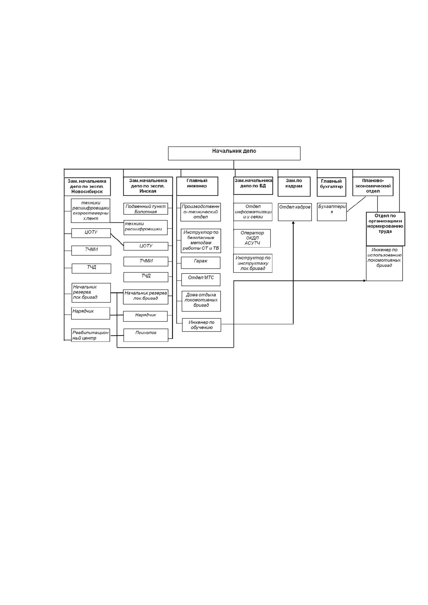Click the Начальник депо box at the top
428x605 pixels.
[234, 153]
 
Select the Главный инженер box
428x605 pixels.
[197, 186]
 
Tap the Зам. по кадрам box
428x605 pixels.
[294, 186]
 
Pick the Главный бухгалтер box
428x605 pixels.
[331, 186]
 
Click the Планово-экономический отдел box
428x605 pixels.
[373, 186]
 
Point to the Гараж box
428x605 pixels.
[201, 263]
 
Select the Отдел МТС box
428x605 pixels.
[201, 280]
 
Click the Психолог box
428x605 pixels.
[146, 335]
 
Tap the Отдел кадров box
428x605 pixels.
[295, 212]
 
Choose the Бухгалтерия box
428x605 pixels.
[332, 212]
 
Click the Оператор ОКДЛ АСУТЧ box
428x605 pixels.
[252, 238]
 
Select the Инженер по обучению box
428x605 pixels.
[202, 325]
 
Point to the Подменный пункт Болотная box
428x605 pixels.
[146, 209]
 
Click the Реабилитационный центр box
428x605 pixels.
[91, 335]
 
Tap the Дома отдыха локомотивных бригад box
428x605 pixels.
[201, 301]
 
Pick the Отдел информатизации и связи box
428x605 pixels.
[253, 212]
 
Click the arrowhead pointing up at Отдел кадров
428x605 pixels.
[294, 222]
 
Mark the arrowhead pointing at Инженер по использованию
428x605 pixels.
[364, 281]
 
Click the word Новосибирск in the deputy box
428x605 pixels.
[87, 191]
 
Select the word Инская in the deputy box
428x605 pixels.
[148, 191]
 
